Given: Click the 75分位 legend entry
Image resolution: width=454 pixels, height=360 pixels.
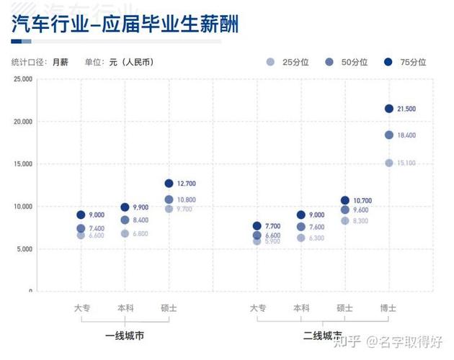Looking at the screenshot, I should tap(406, 62).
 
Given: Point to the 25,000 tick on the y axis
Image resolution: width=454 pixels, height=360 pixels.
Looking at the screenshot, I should tap(22, 78).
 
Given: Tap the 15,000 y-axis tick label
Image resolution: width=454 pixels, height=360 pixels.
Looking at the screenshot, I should tap(22, 164).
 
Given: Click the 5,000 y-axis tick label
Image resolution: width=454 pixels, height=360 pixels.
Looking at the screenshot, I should tap(24, 249).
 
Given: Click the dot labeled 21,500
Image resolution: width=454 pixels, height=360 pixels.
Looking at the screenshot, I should tap(389, 109).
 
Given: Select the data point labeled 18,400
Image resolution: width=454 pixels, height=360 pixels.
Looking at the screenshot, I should tap(389, 135).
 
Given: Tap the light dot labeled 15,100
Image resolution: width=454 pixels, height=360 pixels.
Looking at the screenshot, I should tap(389, 163).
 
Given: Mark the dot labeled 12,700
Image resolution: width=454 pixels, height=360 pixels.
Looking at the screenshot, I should tap(169, 184).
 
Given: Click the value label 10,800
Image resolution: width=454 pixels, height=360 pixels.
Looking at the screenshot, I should tap(185, 199).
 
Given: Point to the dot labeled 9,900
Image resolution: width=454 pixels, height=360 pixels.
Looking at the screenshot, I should tap(125, 207).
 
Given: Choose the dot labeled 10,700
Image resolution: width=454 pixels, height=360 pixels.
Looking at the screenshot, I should tap(345, 200).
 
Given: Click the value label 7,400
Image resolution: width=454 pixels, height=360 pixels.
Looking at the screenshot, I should tap(97, 228).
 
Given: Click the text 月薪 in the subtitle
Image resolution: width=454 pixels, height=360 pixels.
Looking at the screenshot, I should tap(61, 62).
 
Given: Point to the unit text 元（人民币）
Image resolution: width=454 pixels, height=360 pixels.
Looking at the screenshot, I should tap(130, 62).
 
